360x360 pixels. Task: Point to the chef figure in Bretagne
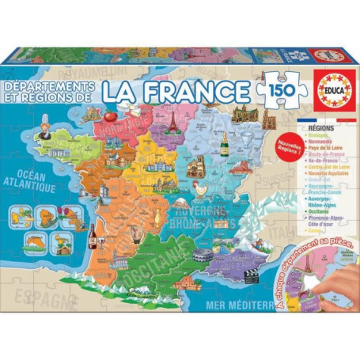pyautogui.click(x=45, y=134)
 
